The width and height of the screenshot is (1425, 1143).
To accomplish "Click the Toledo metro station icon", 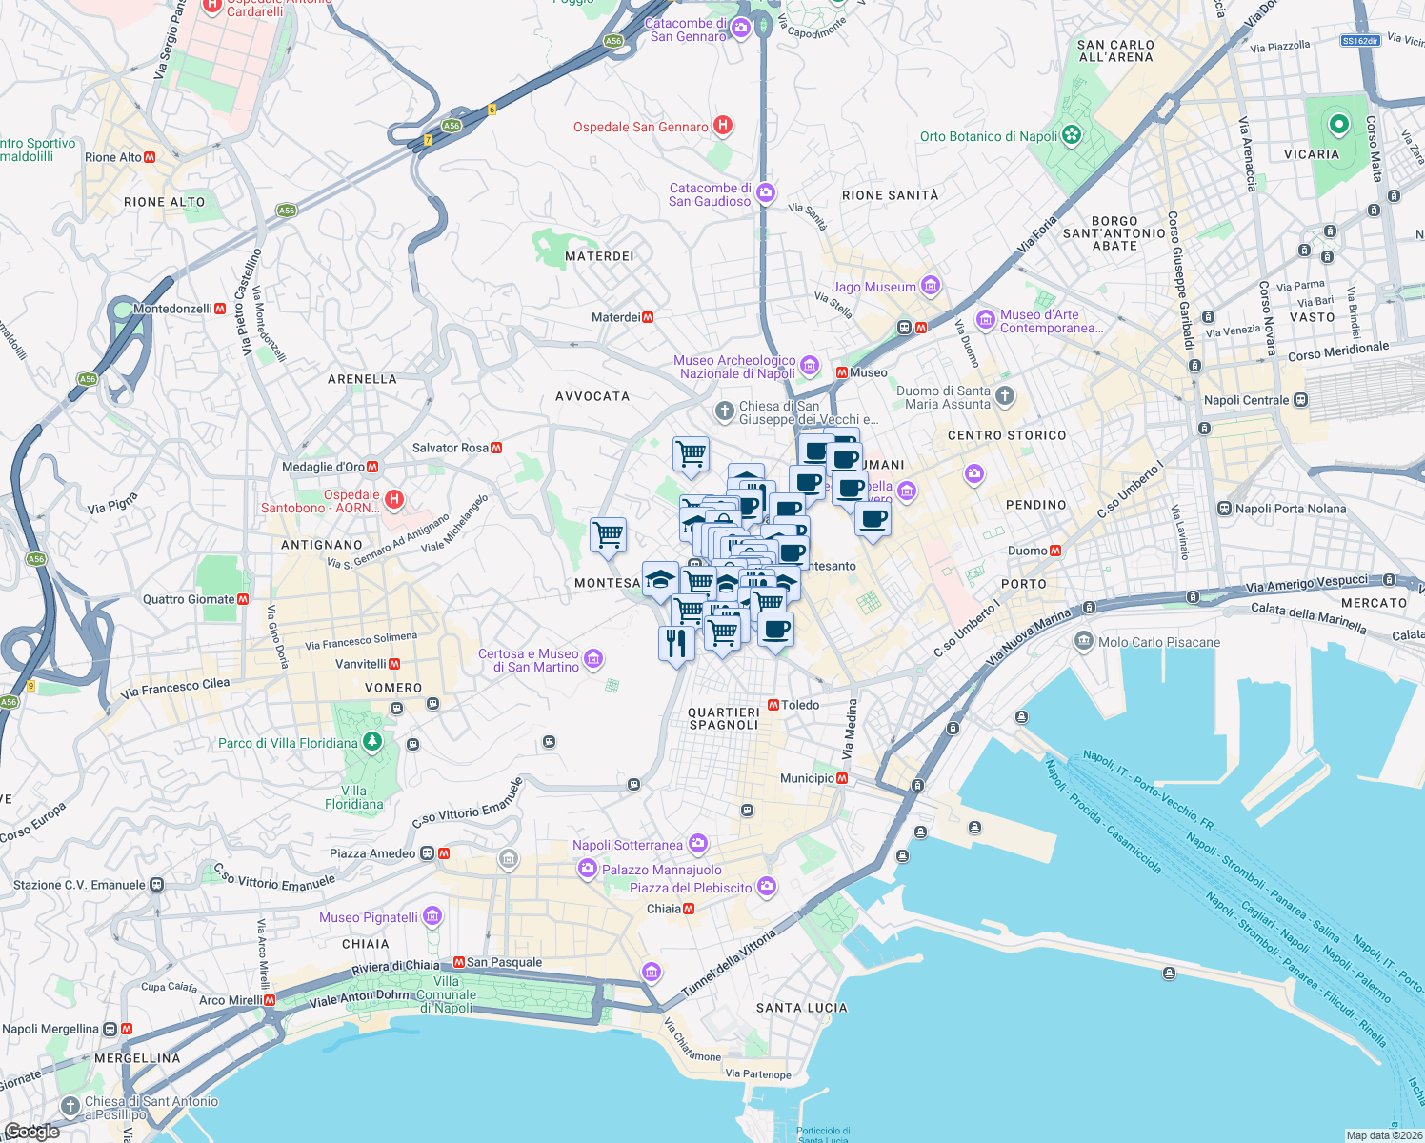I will click(x=773, y=705).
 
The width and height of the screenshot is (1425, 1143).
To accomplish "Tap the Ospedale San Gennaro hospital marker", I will click(x=723, y=126).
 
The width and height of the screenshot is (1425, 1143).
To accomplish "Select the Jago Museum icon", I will click(x=931, y=286).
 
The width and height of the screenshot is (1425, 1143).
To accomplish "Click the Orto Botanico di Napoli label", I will click(x=989, y=136).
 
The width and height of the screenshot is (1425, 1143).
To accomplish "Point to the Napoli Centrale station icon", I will click(x=1301, y=400).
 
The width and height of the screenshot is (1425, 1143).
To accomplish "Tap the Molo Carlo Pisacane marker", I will click(x=1084, y=641).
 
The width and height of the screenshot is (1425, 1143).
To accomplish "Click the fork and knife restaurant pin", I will click(x=676, y=644).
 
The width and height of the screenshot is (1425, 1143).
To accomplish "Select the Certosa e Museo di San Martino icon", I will click(x=593, y=658).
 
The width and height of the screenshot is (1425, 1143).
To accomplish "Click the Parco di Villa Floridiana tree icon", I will click(x=372, y=741).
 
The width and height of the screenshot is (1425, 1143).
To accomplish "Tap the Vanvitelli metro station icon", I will click(x=394, y=664).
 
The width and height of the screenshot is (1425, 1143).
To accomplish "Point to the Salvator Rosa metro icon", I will click(x=496, y=448).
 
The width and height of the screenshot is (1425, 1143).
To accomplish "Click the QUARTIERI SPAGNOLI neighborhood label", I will click(x=724, y=718).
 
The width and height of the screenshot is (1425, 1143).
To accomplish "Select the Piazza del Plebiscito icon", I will click(x=767, y=887).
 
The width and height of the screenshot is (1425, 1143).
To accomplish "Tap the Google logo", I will click(x=31, y=1132).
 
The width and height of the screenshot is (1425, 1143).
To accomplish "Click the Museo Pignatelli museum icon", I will click(x=432, y=916).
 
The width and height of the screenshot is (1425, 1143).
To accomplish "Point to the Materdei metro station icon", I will click(x=648, y=317).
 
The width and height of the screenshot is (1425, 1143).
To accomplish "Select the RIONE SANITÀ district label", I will click(x=890, y=195).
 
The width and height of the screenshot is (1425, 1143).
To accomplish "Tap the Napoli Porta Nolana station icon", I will click(x=1225, y=509).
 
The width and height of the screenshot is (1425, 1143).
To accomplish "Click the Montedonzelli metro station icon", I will click(x=220, y=309).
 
